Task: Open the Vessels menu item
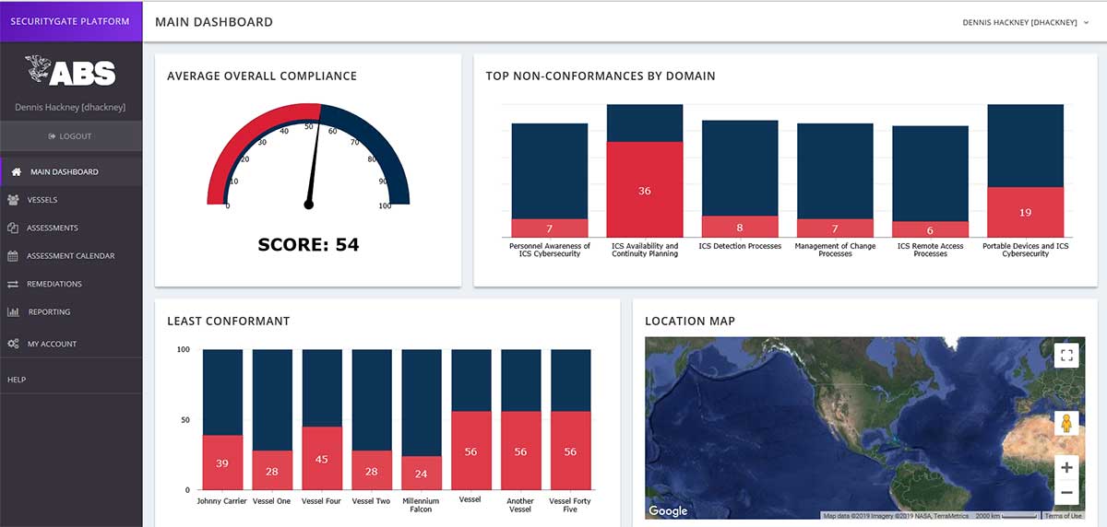[42, 200]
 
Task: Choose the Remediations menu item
[54, 284]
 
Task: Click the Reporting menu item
[49, 312]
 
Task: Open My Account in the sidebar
[52, 344]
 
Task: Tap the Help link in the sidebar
[17, 380]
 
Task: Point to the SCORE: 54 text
[308, 245]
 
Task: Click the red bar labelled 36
[644, 190]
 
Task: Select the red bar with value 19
[1025, 212]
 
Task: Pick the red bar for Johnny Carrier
[222, 463]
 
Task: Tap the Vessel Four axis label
[321, 501]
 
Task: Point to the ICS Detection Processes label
[740, 247]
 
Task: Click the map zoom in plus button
[1066, 467]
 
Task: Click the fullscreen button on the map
[1066, 356]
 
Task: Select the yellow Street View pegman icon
[1066, 424]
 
